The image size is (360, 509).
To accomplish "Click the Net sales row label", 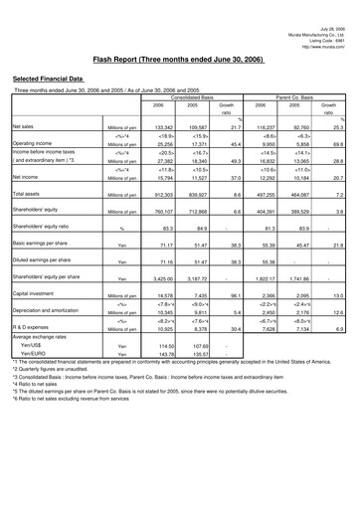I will coord(25,127).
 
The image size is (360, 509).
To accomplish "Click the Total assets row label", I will coord(27,194).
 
